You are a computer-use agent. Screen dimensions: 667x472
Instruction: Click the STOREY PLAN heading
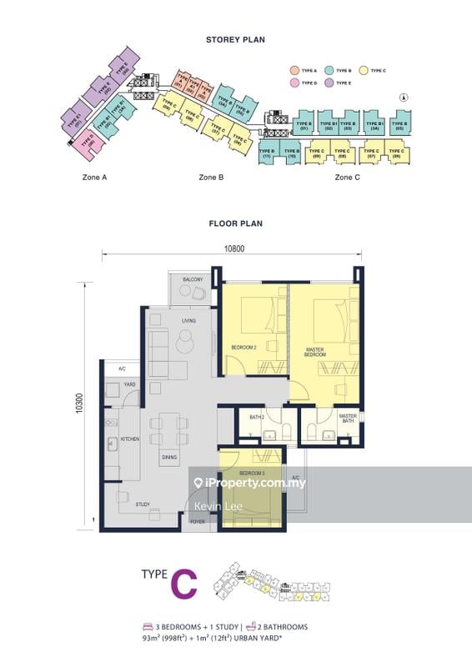tap(235, 39)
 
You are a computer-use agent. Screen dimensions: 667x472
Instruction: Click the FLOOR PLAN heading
tap(235, 223)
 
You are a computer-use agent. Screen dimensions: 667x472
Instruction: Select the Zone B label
tap(211, 178)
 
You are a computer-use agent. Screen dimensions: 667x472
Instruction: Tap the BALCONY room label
tap(194, 280)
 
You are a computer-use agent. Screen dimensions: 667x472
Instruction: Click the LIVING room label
tap(190, 320)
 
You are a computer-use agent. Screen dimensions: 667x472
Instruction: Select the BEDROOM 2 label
tap(243, 347)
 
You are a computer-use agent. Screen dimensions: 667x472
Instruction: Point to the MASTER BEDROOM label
tap(314, 353)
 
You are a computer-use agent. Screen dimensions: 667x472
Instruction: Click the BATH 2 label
tap(257, 417)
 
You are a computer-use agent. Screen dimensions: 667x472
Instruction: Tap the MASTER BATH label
tap(348, 419)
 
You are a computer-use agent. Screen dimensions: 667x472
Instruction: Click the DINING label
tap(169, 457)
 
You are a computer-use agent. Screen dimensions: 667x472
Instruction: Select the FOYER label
tap(198, 522)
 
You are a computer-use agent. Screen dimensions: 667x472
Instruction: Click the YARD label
tap(129, 385)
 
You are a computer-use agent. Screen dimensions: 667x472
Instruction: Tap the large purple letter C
tap(184, 584)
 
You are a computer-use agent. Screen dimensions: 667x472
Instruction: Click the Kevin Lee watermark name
tap(213, 506)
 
